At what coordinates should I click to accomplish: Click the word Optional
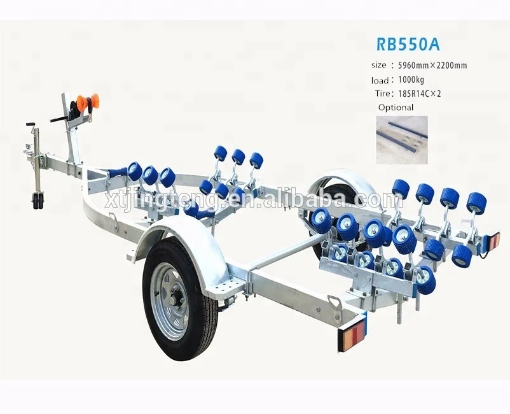click(396, 108)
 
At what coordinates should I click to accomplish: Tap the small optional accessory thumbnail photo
click(402, 139)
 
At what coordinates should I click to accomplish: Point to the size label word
click(378, 66)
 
